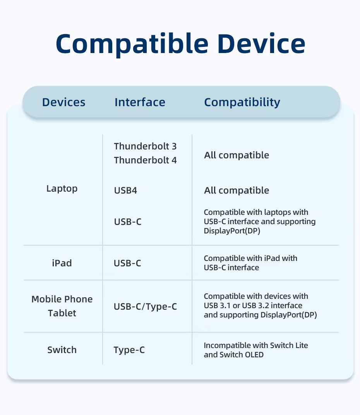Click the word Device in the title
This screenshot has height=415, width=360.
pos(262,43)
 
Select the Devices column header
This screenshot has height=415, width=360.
pos(64,102)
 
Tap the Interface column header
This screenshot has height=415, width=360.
pos(140,102)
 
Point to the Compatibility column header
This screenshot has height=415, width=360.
pos(242,103)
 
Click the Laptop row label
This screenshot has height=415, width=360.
pos(62,189)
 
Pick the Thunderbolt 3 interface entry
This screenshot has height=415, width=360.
pos(145,146)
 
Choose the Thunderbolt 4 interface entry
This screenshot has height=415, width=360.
pos(145,160)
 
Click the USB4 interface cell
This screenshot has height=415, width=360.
pos(125,190)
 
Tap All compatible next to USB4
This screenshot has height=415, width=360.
pos(237,190)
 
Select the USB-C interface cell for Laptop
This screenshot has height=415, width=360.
pos(128,221)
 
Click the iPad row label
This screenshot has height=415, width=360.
pos(62,263)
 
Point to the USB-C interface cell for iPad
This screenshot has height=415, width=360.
pos(127,263)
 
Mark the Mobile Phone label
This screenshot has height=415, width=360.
pos(62,299)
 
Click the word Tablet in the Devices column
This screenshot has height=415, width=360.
pos(62,313)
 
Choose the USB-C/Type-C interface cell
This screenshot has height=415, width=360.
pos(145,307)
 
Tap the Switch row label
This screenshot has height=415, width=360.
pos(62,350)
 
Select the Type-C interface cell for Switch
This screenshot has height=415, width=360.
pos(129,350)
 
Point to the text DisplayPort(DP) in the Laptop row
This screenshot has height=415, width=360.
pos(232,231)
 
